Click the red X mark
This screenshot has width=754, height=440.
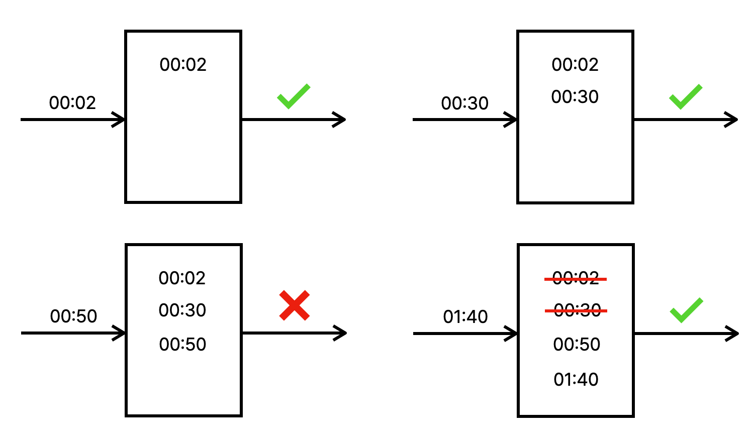(295, 305)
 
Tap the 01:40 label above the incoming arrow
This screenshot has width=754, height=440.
(465, 317)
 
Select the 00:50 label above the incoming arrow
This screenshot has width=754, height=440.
(73, 316)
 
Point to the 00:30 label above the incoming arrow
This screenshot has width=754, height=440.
(464, 103)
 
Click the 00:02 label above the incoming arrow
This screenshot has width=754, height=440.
(72, 102)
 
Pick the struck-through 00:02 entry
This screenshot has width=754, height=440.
(576, 279)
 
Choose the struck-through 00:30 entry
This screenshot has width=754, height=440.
(576, 310)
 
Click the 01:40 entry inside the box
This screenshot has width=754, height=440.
(576, 379)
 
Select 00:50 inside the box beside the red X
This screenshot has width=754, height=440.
(182, 345)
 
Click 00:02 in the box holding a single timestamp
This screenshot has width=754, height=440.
(183, 65)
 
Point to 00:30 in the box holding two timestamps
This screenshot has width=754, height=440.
(575, 97)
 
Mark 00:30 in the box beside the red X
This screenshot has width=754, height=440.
(182, 310)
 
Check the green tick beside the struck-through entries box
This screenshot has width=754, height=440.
(686, 310)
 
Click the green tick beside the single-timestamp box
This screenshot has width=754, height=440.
(294, 96)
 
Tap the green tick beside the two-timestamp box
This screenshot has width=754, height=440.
(686, 97)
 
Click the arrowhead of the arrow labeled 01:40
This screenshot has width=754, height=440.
(511, 334)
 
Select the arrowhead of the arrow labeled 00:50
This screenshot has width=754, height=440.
(119, 333)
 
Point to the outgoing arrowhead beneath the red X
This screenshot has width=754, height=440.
(340, 333)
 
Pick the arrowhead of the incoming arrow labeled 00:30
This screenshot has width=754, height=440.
(511, 120)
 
